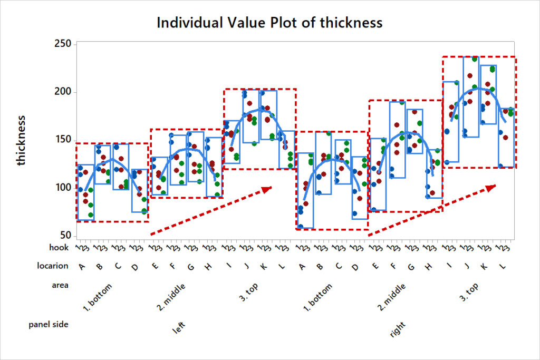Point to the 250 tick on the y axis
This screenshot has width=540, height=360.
click(x=63, y=44)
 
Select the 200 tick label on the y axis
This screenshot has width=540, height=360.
click(x=63, y=92)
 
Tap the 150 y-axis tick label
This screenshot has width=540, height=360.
click(x=63, y=140)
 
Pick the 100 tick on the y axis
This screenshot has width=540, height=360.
click(x=63, y=188)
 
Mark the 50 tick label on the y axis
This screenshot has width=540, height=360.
click(x=65, y=235)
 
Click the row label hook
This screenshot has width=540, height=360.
click(x=59, y=247)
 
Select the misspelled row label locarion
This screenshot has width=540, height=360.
click(x=52, y=266)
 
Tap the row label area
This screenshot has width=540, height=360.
click(x=59, y=285)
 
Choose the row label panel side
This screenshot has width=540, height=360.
click(x=49, y=325)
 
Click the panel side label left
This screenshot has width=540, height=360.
click(x=180, y=329)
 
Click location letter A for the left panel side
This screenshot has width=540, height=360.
click(x=82, y=267)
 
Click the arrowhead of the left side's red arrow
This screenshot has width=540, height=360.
click(x=267, y=189)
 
